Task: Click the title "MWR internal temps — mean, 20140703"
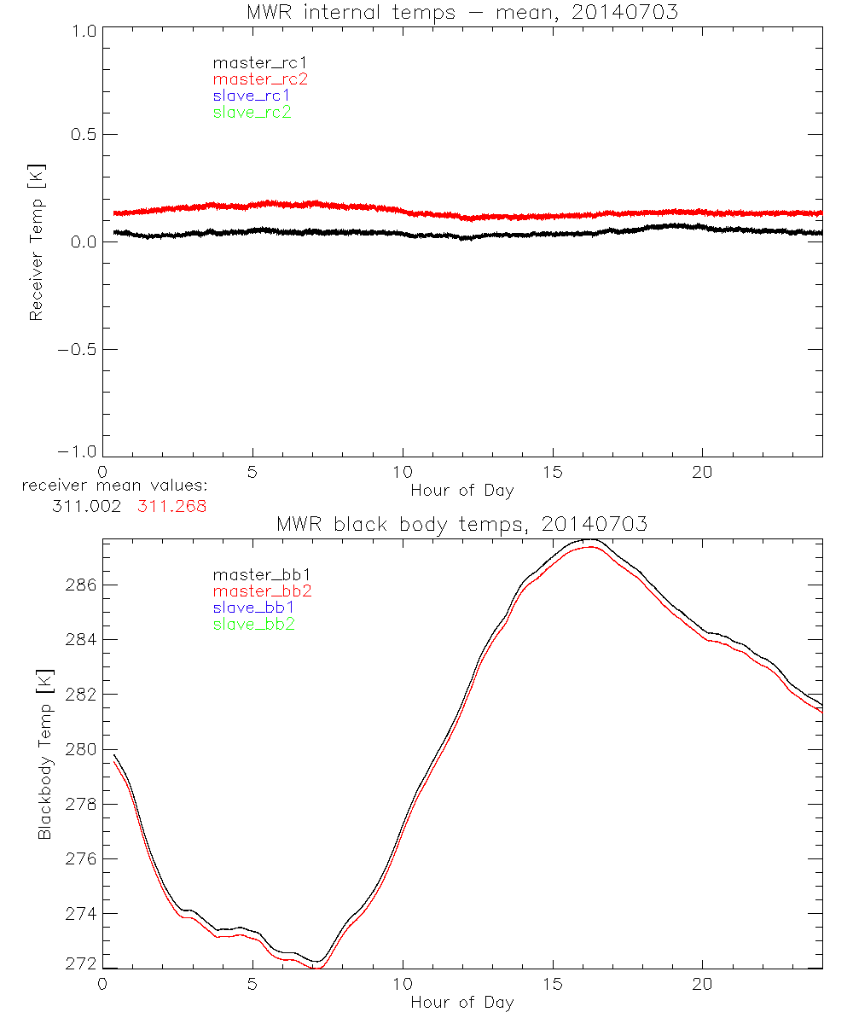[461, 12]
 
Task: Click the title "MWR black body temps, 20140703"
[461, 524]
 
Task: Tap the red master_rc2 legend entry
[260, 79]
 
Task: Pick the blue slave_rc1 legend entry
[252, 96]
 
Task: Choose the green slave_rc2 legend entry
[252, 112]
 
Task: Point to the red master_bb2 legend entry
[263, 591]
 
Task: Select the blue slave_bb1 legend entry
[255, 608]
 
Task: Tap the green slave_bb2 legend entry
[255, 625]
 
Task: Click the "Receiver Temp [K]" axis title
[36, 241]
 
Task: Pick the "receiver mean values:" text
[114, 486]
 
